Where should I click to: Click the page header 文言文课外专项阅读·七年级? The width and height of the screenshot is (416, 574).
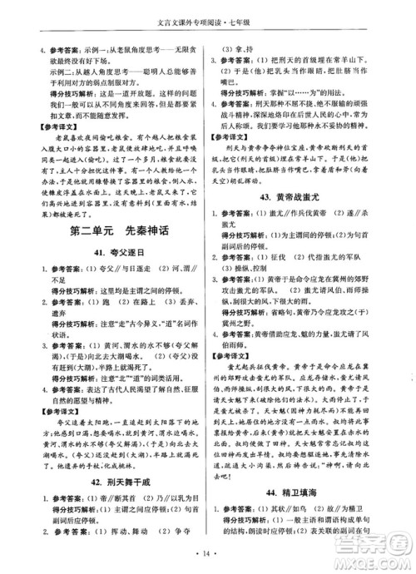[207, 12]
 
